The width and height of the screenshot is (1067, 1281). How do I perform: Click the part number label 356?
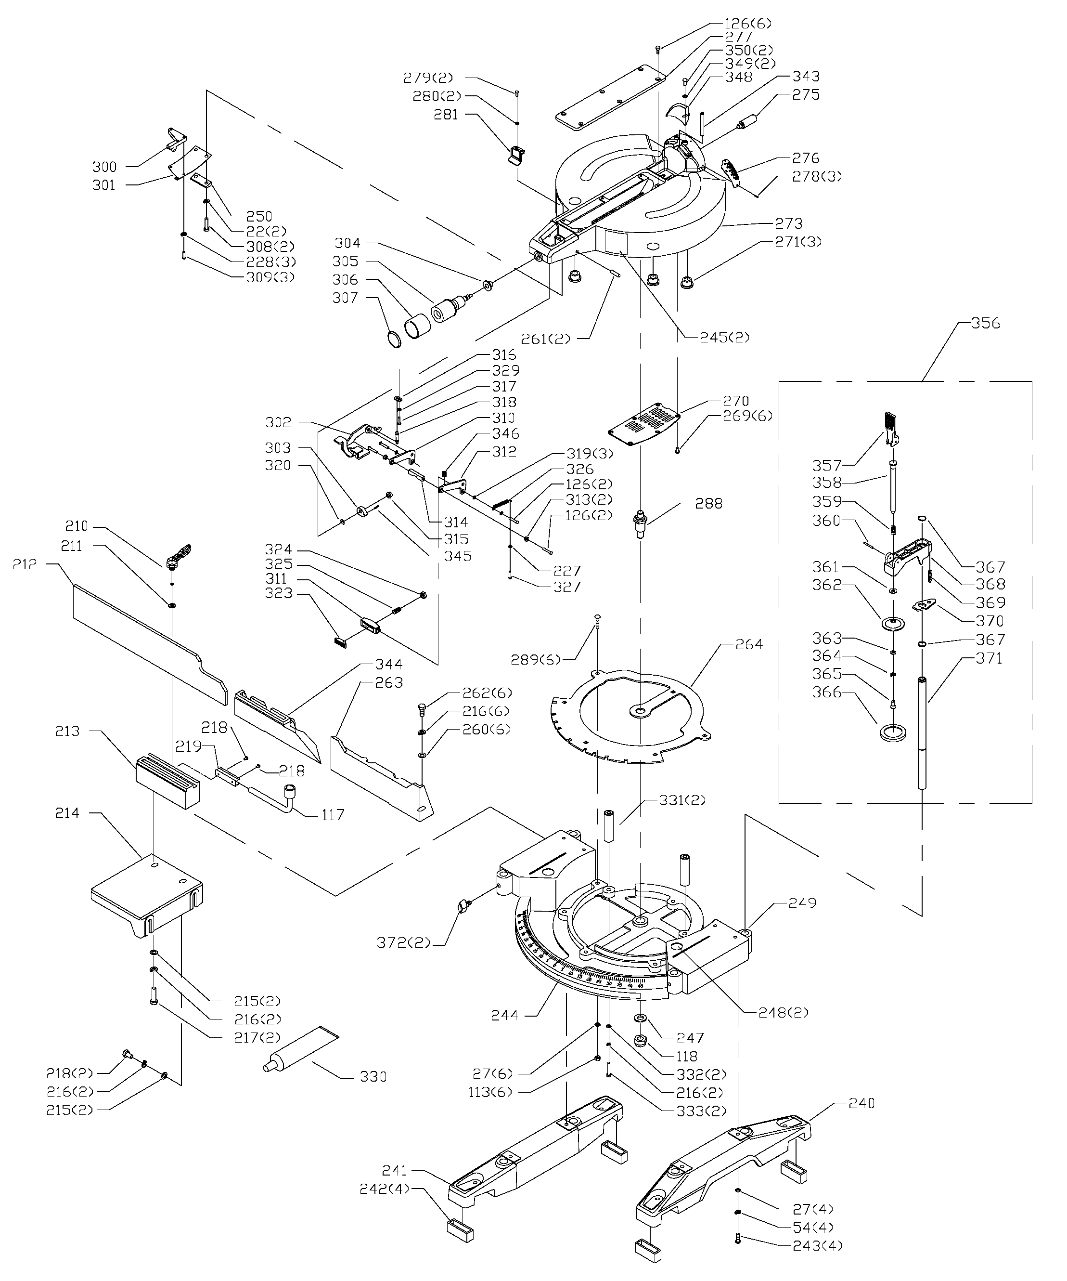click(986, 323)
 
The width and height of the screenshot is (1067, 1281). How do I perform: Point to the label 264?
click(749, 644)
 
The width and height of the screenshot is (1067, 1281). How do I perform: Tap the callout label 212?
click(25, 565)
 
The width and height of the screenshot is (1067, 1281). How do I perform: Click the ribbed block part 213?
click(167, 782)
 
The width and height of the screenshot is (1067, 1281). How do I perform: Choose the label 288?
click(709, 504)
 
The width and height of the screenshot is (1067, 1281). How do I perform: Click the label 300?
click(104, 167)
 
